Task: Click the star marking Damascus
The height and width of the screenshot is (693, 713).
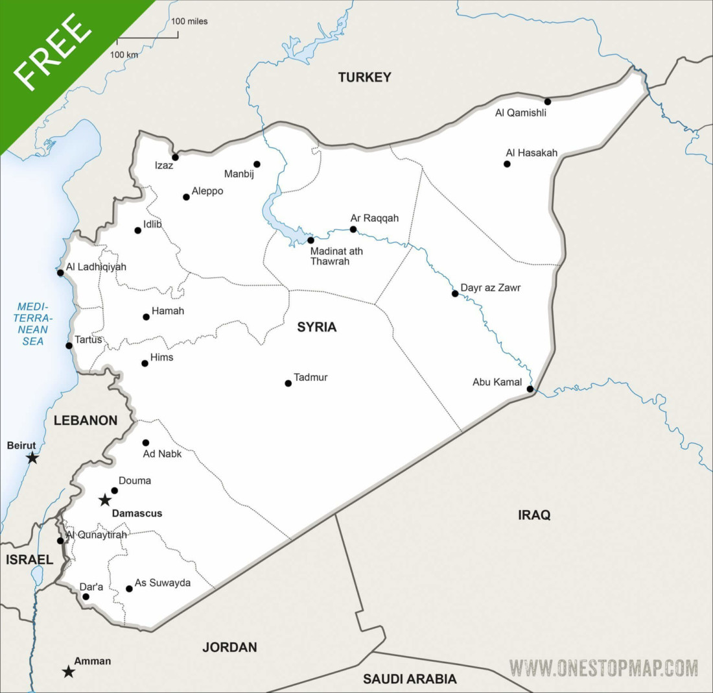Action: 104,500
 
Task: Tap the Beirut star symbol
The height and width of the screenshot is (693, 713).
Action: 32,458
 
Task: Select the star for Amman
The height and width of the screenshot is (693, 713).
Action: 68,672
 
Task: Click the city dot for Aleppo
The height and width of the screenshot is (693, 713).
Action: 186,197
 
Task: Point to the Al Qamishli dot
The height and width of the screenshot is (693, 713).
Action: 548,101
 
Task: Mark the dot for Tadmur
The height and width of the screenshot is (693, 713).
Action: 288,383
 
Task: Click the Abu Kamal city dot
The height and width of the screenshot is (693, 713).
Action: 530,389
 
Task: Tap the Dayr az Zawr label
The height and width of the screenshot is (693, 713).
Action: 490,287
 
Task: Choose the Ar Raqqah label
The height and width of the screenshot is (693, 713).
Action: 375,218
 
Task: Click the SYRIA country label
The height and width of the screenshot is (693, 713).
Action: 317,327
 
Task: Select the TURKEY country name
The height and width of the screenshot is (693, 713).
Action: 364,77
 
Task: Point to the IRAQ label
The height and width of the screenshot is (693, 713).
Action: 534,515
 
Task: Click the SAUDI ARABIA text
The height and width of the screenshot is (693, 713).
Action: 410,679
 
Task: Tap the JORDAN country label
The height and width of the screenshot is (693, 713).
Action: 229,647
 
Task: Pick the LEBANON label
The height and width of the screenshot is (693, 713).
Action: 86,420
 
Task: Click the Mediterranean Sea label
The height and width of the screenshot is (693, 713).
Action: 34,323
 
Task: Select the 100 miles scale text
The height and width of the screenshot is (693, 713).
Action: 189,21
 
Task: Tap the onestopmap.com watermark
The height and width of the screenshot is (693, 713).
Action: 603,668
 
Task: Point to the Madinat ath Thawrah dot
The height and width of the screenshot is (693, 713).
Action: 310,240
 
